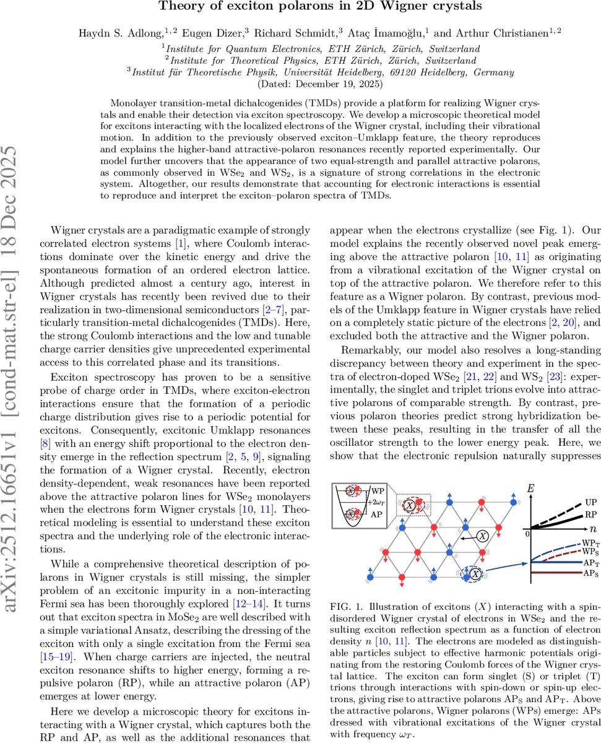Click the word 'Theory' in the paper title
point(179,7)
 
